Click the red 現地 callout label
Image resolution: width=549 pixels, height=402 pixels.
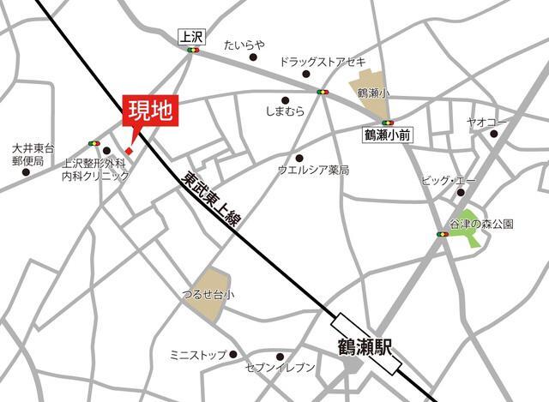coord(151,110)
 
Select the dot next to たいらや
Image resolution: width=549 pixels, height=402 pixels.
coord(254,57)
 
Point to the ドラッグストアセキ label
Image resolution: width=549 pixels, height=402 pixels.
coord(323,62)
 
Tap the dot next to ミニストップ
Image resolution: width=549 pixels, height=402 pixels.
coord(232,354)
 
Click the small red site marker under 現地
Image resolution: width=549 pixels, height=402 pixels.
coord(129,152)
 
